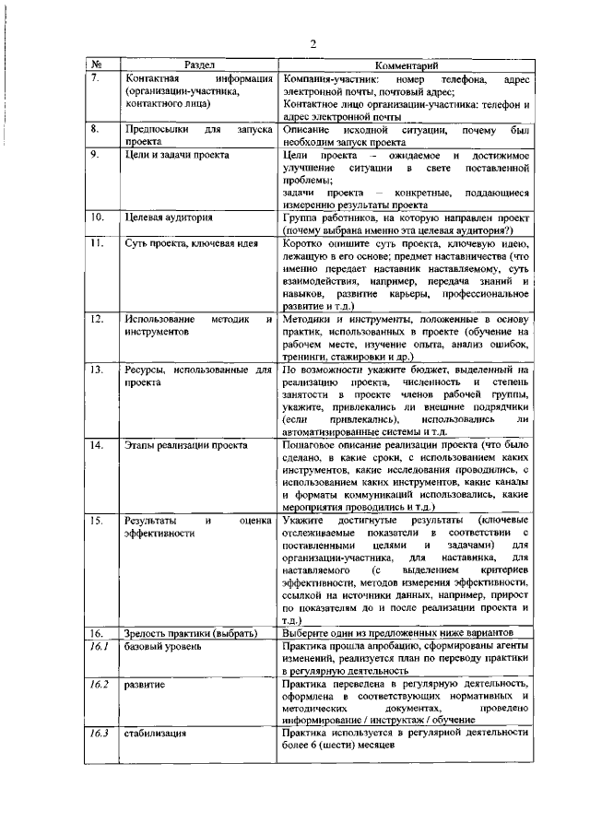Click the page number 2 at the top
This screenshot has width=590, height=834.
point(313,43)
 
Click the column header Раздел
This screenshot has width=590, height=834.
point(199,66)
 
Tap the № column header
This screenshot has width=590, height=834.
point(97,66)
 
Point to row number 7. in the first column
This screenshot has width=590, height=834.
point(95,79)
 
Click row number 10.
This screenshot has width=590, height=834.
point(97,217)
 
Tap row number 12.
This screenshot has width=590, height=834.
point(97,318)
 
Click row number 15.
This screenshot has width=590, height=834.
point(97,522)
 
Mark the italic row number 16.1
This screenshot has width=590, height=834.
point(99,648)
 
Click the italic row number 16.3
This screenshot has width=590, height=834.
point(99,734)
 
